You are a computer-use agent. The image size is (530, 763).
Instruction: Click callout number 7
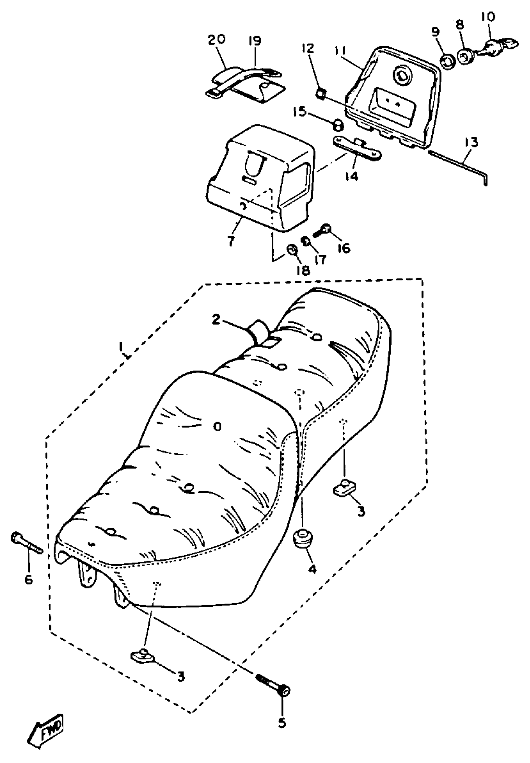230,241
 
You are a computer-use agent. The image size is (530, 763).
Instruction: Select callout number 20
216,40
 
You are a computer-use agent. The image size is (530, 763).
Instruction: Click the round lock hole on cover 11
402,76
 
